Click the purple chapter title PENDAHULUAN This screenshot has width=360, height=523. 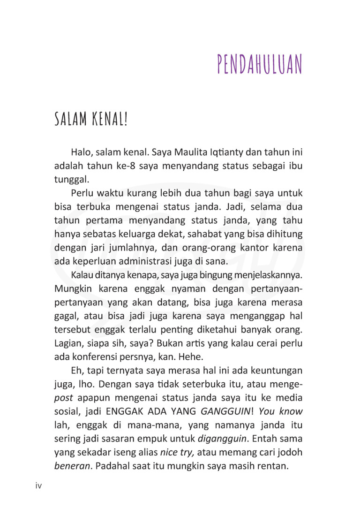click(260, 66)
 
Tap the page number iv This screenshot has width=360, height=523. click(39, 485)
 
